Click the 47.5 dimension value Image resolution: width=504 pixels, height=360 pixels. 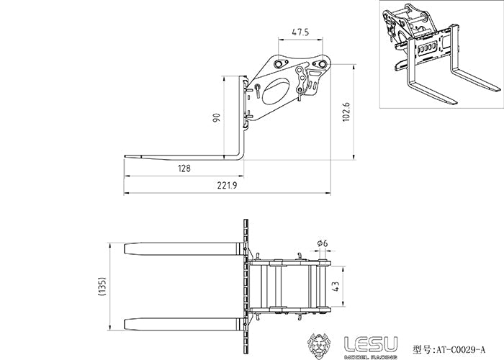301,32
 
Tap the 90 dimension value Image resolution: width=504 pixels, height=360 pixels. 216,117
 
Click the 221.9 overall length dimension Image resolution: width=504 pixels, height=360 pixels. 225,186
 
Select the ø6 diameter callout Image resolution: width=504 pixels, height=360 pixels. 322,244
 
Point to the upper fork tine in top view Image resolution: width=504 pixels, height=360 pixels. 184,248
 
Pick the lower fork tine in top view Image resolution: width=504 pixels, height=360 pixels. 184,321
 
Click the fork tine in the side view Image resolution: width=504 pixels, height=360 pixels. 180,156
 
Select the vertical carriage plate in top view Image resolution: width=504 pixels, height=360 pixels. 248,284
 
